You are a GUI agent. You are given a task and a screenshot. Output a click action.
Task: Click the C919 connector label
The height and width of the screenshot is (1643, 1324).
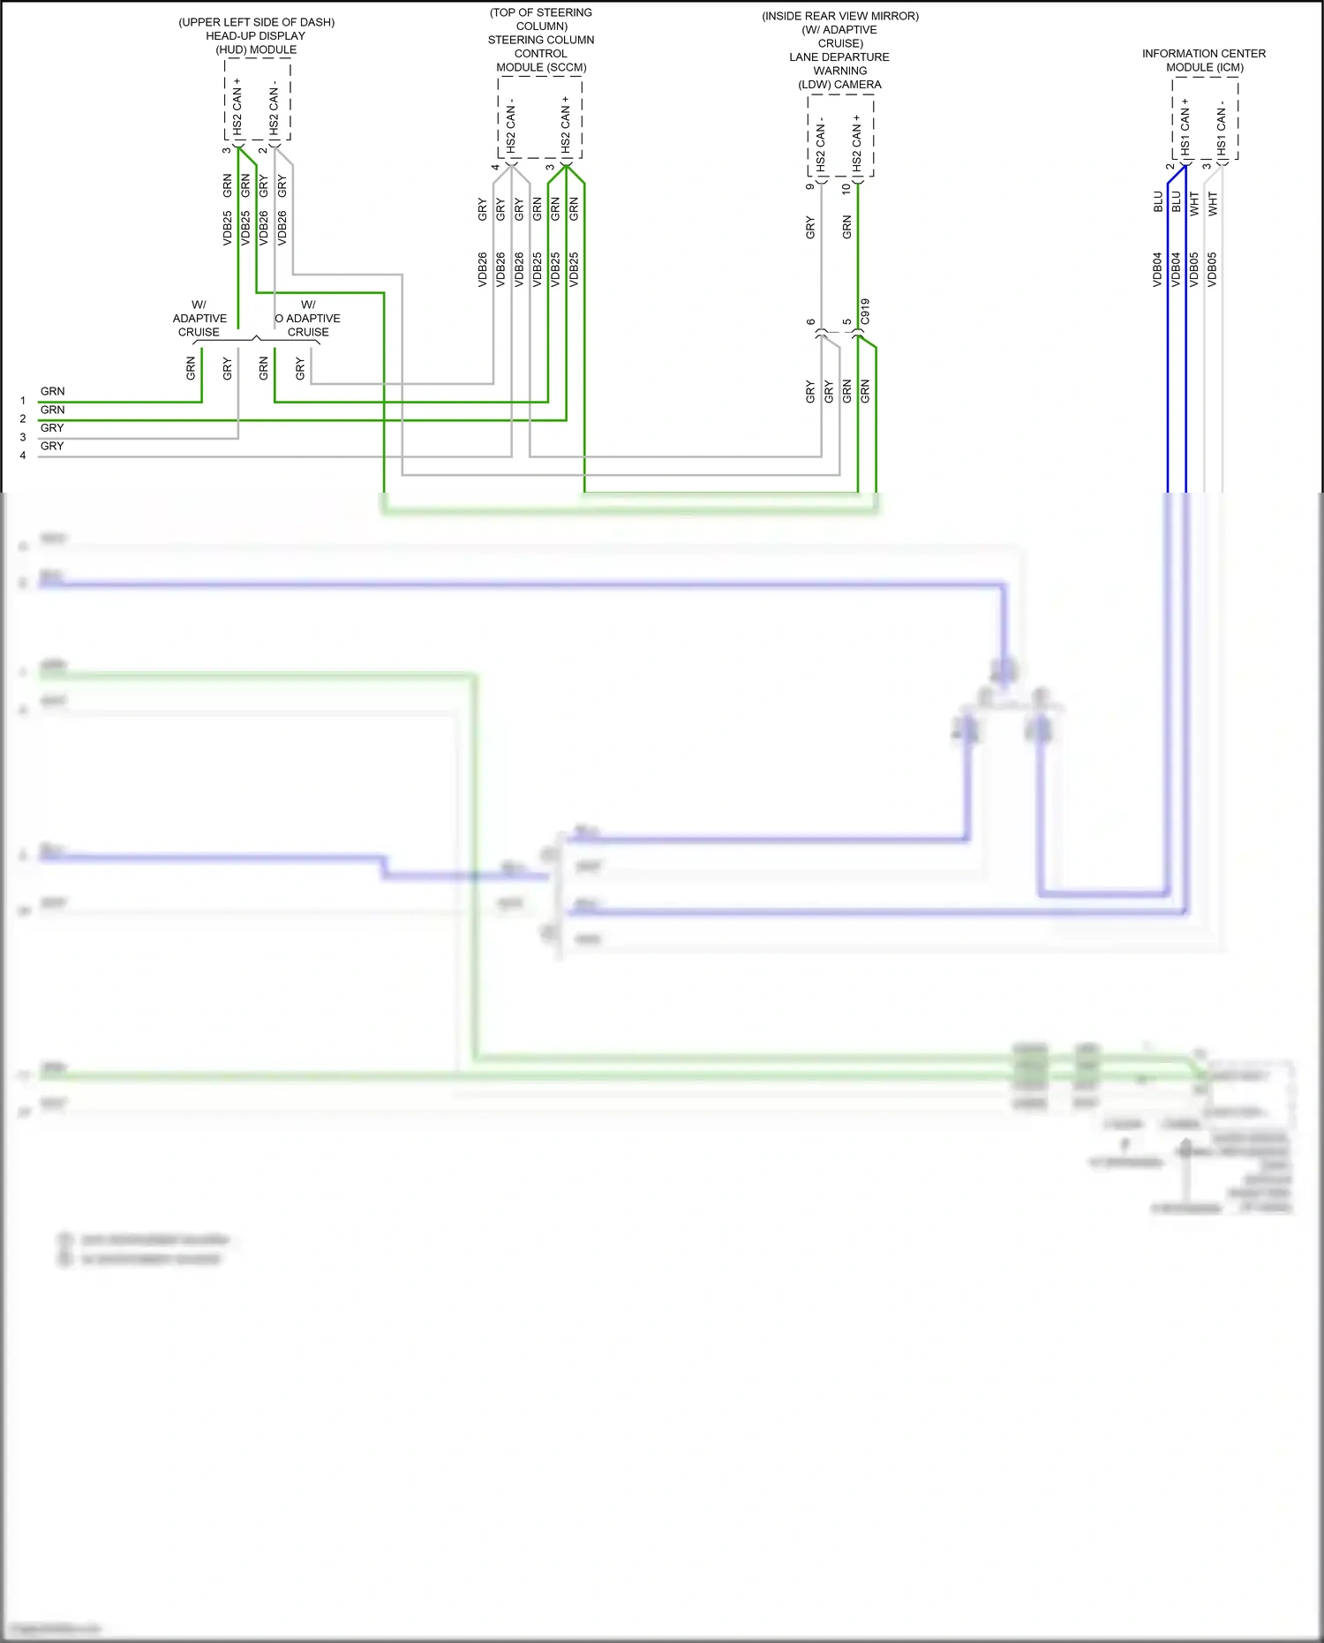tap(865, 312)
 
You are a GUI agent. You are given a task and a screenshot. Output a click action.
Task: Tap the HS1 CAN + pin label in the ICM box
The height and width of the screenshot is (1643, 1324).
tap(1185, 127)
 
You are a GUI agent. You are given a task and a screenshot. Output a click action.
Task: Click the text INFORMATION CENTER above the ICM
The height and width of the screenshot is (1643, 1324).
tap(1203, 54)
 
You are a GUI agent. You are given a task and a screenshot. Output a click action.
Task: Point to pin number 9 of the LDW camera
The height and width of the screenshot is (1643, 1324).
tap(810, 186)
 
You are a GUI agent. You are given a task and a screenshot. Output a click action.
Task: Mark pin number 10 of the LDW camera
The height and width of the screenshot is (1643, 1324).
tap(846, 188)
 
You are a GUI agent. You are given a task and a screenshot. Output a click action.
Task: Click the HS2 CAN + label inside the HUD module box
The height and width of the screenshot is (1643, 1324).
tap(237, 107)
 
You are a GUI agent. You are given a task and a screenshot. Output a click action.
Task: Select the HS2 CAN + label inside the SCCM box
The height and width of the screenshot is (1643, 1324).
tap(566, 124)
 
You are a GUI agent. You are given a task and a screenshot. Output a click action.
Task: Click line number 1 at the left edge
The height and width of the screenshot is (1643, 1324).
tap(23, 401)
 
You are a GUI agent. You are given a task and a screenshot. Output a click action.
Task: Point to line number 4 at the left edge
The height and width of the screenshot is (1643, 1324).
tap(23, 456)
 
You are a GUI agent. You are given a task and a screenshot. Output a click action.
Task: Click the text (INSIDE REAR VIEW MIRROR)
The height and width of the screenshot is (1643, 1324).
tap(840, 16)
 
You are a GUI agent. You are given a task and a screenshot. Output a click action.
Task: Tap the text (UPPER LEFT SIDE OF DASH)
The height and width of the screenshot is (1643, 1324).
tap(257, 22)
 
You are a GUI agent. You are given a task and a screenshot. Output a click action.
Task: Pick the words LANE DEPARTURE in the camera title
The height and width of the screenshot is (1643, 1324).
tap(839, 57)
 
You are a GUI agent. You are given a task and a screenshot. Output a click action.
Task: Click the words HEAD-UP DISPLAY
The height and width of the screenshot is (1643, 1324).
tap(256, 36)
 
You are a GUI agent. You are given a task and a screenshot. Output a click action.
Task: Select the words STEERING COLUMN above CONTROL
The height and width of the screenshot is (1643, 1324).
tap(541, 41)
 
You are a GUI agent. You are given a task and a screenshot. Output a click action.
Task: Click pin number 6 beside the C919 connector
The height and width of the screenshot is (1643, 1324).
tap(810, 322)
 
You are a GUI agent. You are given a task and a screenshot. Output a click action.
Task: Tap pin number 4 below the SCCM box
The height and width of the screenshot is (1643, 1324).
tap(495, 167)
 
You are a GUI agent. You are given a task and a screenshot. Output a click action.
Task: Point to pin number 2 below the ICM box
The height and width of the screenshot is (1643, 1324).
tap(1170, 166)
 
